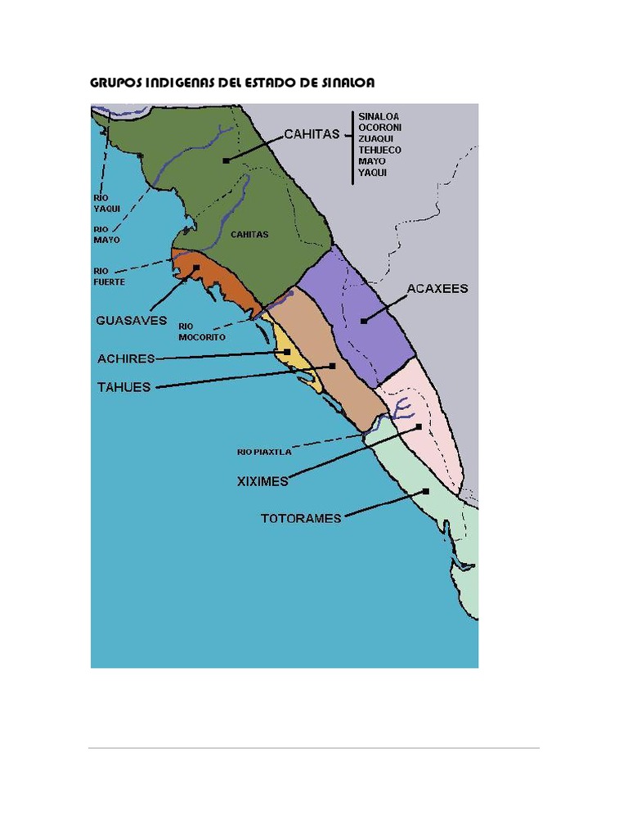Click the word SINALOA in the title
pos(344,83)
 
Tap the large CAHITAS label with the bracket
pos(312,134)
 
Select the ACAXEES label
pos(437,289)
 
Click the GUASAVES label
pos(131,321)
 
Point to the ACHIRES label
pos(126,358)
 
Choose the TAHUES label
pos(124,387)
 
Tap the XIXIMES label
pos(262,481)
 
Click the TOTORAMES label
pos(300,518)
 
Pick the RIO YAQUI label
pos(106,203)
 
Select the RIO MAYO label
pos(106,235)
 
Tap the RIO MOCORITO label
pos(201,331)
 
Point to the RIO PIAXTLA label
pos(264,451)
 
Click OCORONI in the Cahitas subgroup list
pos(379,128)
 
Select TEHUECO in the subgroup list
pos(379,151)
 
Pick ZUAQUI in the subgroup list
pos(377,139)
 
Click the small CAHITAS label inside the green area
pos(249,234)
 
